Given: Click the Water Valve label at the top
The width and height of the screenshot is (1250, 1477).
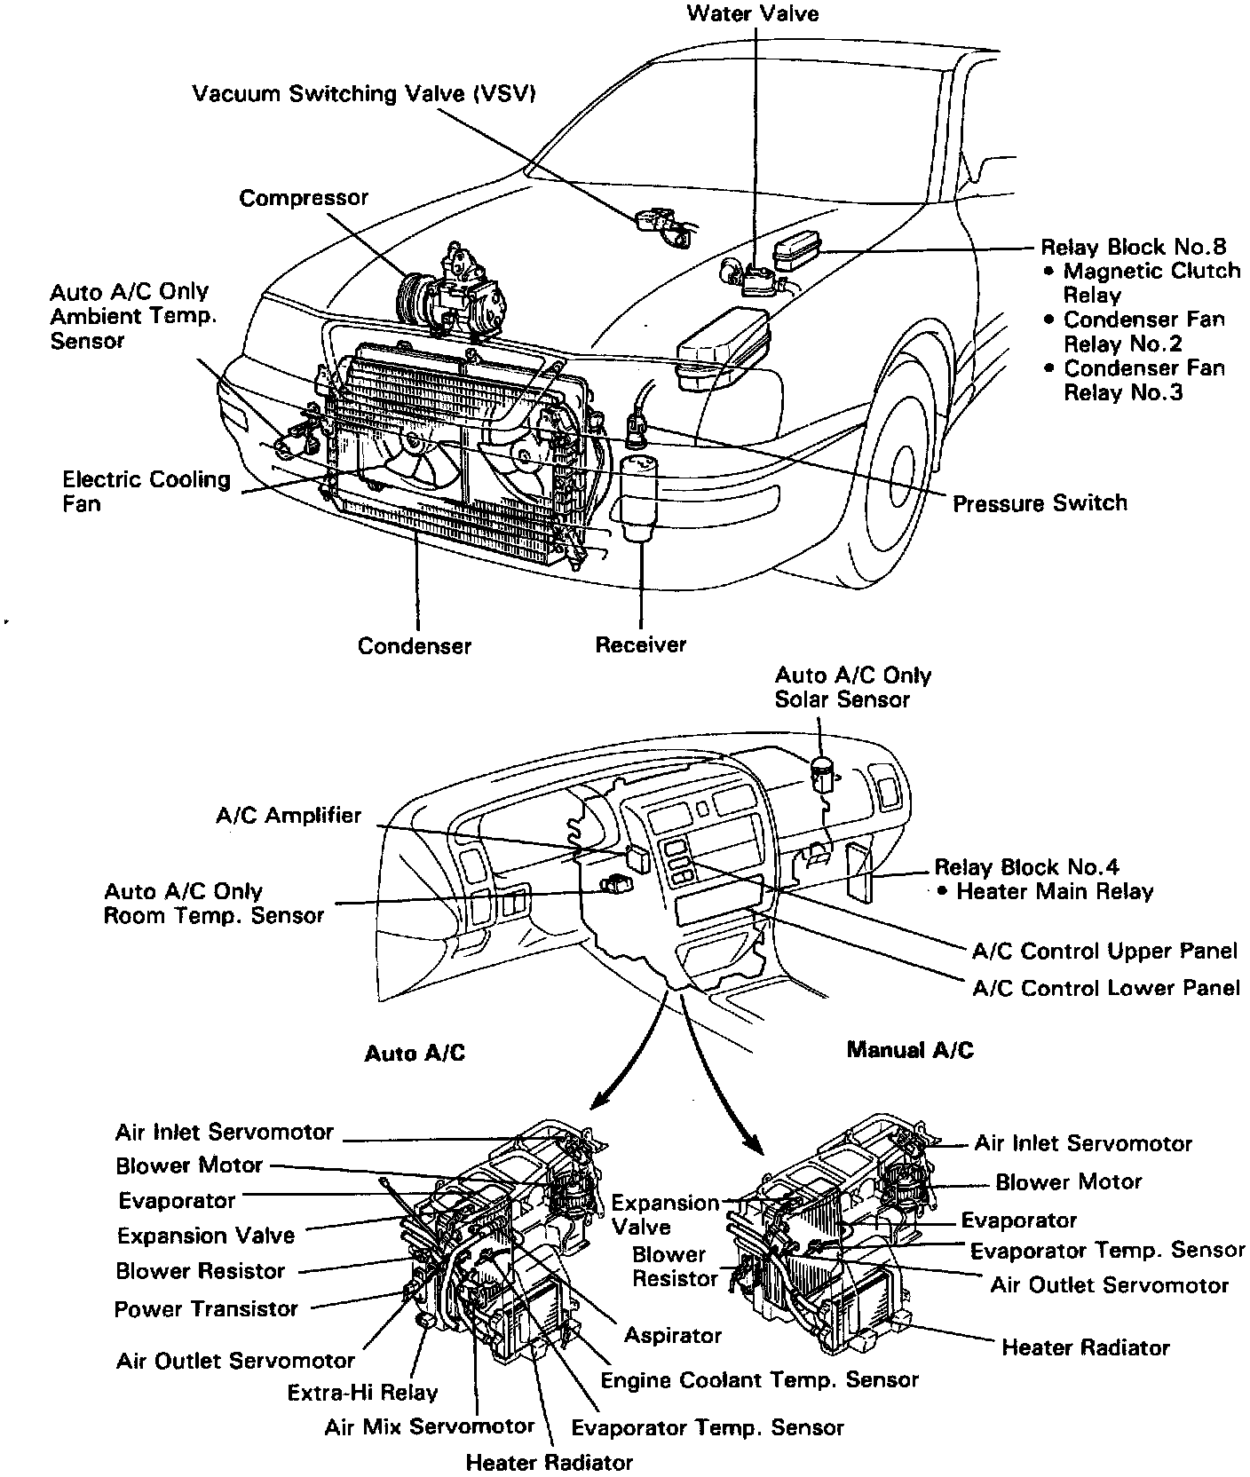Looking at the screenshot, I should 753,13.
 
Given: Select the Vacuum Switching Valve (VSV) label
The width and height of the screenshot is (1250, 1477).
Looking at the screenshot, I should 364,94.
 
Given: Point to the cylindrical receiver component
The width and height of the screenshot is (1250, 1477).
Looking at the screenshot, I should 640,497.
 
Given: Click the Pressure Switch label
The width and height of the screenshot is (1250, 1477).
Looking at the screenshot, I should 1040,503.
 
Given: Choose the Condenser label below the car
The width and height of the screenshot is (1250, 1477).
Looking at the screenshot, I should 415,645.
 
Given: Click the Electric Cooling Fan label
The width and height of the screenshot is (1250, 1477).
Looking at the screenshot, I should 146,491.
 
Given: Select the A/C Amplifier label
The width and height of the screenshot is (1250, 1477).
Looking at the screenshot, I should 289,815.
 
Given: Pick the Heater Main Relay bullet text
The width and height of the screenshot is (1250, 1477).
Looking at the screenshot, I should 1054,892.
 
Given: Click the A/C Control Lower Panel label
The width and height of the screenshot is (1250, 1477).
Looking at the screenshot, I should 1105,988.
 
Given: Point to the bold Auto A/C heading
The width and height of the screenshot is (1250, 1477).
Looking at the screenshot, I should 415,1053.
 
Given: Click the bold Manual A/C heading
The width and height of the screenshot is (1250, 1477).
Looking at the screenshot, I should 910,1050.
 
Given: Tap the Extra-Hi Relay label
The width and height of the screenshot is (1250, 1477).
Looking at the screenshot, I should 362,1393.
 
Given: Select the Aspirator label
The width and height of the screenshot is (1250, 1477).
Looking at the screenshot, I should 672,1335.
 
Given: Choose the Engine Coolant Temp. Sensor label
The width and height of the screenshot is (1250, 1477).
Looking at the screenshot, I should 759,1380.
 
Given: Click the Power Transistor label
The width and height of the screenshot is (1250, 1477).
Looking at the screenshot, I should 206,1308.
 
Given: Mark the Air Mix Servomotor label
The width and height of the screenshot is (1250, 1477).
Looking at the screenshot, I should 429,1426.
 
